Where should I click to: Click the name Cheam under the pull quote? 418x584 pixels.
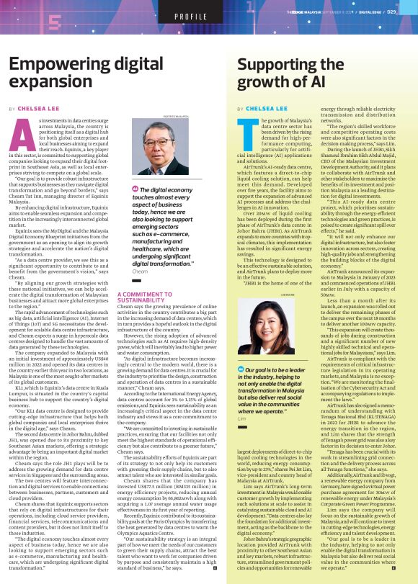click(141, 271)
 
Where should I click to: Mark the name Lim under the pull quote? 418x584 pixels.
click(242, 418)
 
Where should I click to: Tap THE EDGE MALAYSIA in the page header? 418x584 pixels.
click(303, 12)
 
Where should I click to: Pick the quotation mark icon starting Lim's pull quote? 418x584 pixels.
click(241, 369)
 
